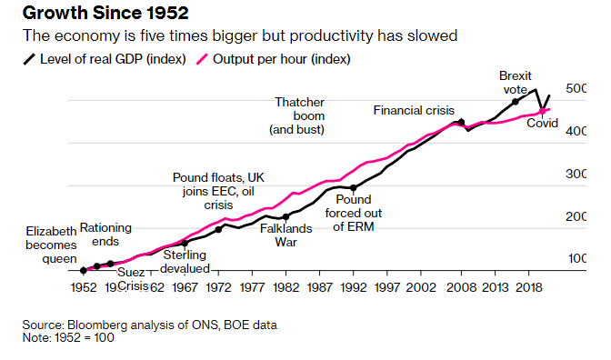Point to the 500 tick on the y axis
click(x=577, y=89)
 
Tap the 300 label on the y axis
click(x=577, y=174)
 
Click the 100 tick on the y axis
click(x=577, y=259)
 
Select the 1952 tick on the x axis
click(x=83, y=286)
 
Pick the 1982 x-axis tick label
click(x=285, y=286)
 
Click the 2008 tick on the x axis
click(x=461, y=286)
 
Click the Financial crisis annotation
click(x=415, y=110)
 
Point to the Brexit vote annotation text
click(x=516, y=83)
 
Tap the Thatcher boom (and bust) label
click(x=298, y=116)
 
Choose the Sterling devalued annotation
click(x=186, y=262)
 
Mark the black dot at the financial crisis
click(x=461, y=122)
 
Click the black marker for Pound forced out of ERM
click(x=354, y=187)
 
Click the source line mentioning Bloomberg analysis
click(x=150, y=325)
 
